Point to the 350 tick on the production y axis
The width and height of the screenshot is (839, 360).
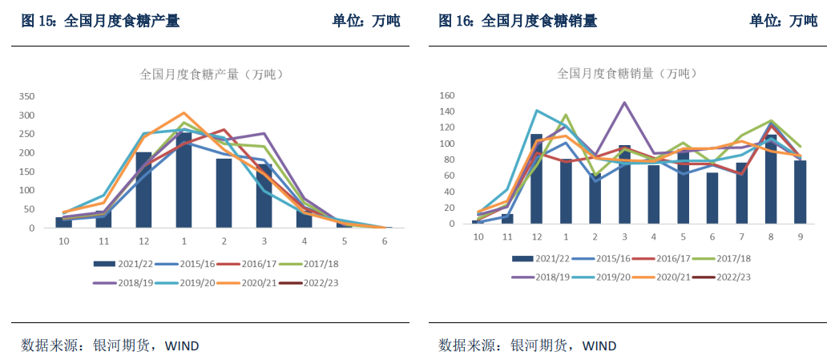(x=26, y=96)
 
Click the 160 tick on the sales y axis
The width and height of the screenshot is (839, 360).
(x=446, y=95)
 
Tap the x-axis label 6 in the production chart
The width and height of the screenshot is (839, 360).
(x=385, y=240)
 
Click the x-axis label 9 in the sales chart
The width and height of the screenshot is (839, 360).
(x=799, y=237)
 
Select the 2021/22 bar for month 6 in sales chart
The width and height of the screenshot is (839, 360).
(x=712, y=198)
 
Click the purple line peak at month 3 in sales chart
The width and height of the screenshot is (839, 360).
(x=624, y=103)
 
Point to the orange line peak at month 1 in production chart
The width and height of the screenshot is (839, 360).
(x=184, y=113)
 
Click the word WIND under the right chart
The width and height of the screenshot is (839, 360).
(x=599, y=346)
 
